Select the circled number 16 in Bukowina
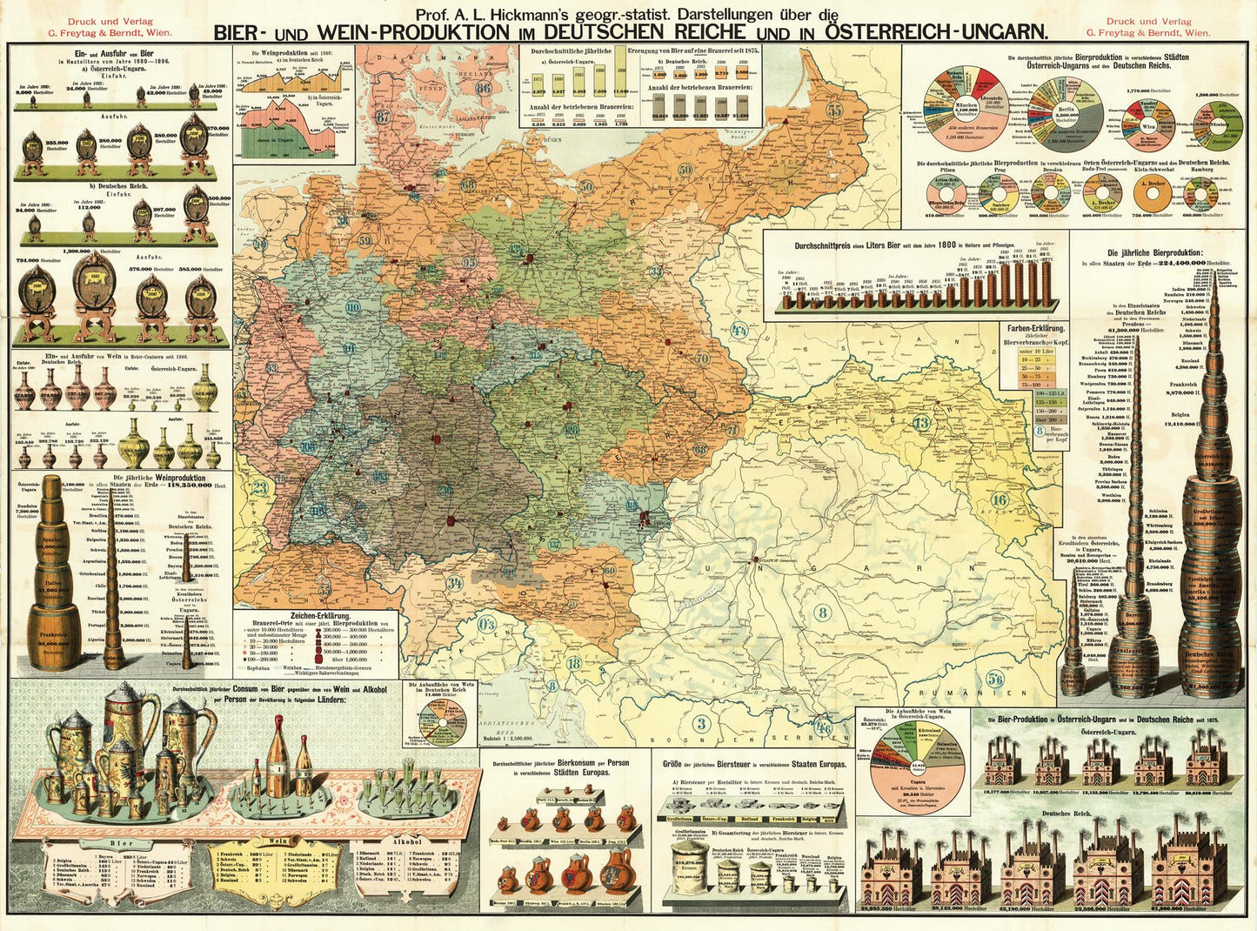pos(999,499)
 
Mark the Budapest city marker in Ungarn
pos(754,559)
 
